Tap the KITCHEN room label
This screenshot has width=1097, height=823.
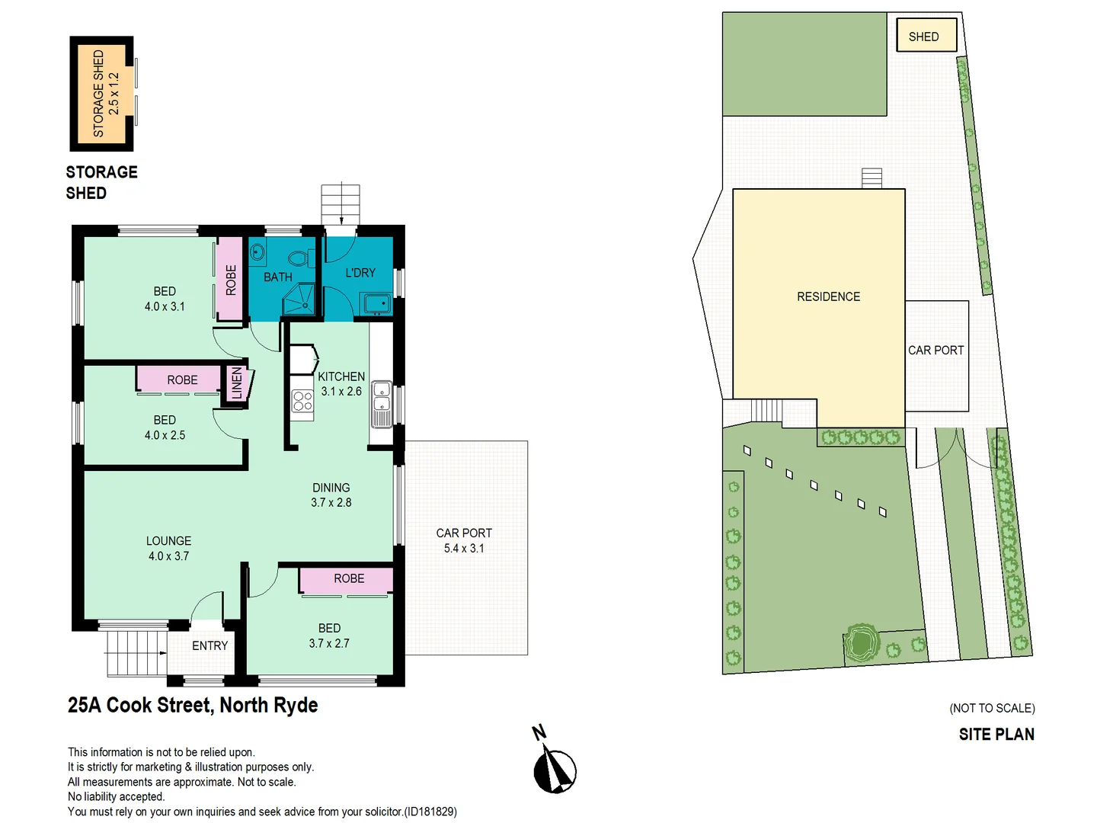pyautogui.click(x=341, y=376)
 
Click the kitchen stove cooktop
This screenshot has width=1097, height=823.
pyautogui.click(x=302, y=401)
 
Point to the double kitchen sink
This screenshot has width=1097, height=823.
pyautogui.click(x=381, y=404)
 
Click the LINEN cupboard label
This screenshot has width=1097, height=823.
pyautogui.click(x=236, y=383)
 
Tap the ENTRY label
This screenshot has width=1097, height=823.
pyautogui.click(x=209, y=645)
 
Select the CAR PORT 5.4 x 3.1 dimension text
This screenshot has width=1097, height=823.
pyautogui.click(x=464, y=548)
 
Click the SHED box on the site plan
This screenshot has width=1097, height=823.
pyautogui.click(x=926, y=36)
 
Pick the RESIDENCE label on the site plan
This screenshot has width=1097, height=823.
pyautogui.click(x=828, y=296)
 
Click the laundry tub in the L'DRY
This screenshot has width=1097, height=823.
pyautogui.click(x=378, y=304)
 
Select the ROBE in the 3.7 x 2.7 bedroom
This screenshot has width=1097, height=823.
pyautogui.click(x=348, y=579)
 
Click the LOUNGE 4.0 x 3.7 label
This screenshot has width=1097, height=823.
pyautogui.click(x=168, y=548)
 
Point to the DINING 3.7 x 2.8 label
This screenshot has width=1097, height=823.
pyautogui.click(x=331, y=495)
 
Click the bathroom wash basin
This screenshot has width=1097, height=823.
pyautogui.click(x=257, y=251)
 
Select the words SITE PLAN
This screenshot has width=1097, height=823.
pyautogui.click(x=996, y=735)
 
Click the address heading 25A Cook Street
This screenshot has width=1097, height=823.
pyautogui.click(x=192, y=705)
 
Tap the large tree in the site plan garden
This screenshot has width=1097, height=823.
pyautogui.click(x=862, y=642)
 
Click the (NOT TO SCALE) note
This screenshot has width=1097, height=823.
pyautogui.click(x=991, y=708)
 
